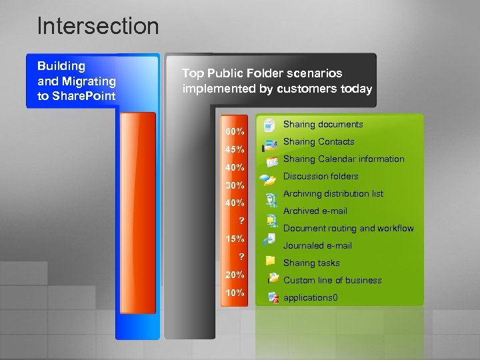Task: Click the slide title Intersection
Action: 98,26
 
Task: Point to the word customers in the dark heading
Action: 312,89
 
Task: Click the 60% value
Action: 234,131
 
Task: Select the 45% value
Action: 234,149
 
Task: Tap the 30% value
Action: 234,185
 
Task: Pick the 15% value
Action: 234,239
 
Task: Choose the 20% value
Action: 234,275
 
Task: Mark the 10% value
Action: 234,293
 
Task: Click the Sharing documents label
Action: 323,125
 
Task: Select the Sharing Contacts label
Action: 319,142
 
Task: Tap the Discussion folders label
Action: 321,177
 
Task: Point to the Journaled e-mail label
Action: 317,246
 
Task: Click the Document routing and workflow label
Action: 348,229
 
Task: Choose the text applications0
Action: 310,298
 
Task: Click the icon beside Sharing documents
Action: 269,125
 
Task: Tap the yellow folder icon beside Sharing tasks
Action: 270,261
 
